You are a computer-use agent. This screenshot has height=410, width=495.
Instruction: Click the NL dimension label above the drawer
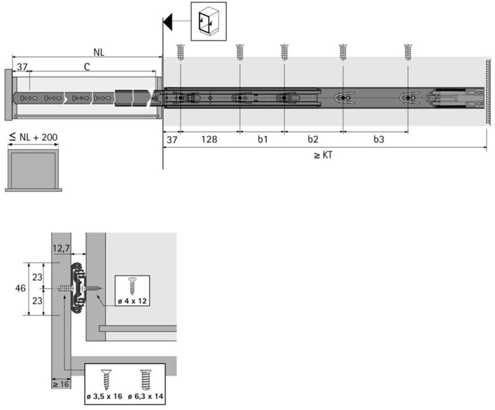(x=99, y=52)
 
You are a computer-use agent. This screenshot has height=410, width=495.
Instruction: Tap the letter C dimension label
(x=87, y=67)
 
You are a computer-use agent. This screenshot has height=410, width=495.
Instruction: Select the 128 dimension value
(x=209, y=139)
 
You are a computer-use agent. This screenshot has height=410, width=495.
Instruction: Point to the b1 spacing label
(x=263, y=139)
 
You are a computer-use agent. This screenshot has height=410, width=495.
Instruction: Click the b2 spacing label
(x=313, y=139)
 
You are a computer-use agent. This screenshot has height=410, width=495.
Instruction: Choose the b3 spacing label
(x=379, y=139)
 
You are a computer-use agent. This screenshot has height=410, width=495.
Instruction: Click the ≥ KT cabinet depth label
(x=323, y=155)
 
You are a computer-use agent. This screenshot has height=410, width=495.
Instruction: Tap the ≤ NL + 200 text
(x=33, y=137)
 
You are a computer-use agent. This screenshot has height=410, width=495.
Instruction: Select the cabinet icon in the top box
(x=209, y=21)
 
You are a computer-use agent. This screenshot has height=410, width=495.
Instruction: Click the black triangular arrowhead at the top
(x=168, y=22)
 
